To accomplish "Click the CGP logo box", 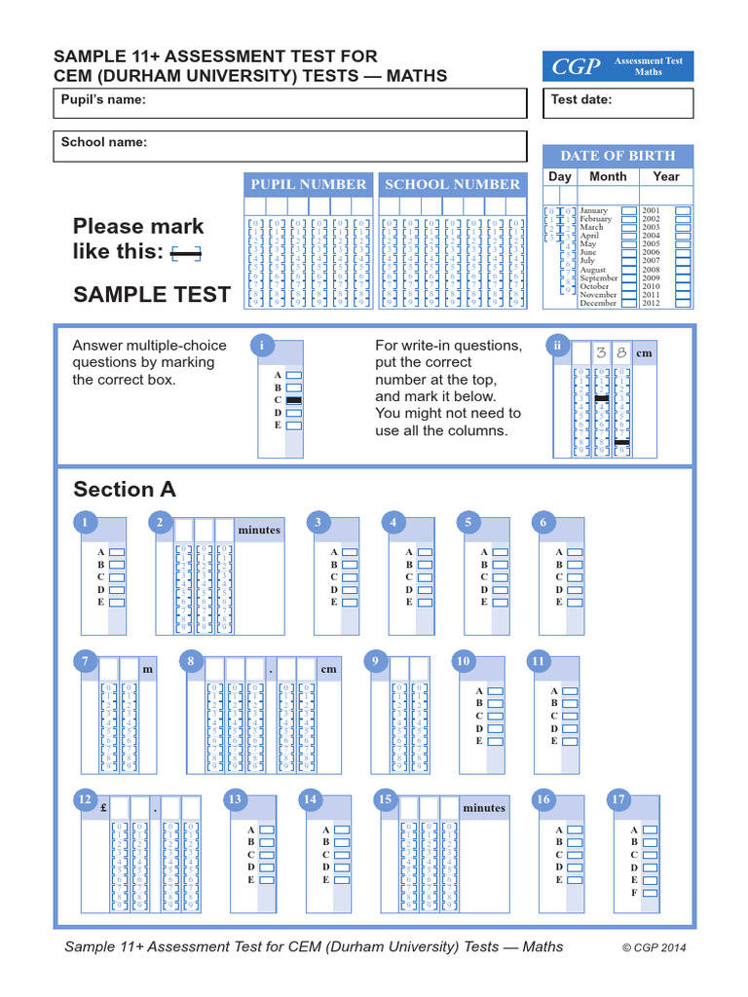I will click(617, 66).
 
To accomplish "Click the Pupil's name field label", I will click(103, 100).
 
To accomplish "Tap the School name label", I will click(104, 142).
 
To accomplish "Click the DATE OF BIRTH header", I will click(617, 156).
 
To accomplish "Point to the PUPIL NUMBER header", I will click(308, 184).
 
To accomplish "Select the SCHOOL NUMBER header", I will click(452, 184).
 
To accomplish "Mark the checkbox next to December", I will click(629, 303).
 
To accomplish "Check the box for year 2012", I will click(683, 303).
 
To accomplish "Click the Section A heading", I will click(125, 489).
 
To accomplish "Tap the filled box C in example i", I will click(294, 400).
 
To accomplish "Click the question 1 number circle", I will click(85, 523).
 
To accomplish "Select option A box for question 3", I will click(351, 552).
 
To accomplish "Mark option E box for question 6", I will click(576, 602).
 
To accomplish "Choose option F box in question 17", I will click(651, 892).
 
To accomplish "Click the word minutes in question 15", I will click(484, 808).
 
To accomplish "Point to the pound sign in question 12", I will click(102, 807).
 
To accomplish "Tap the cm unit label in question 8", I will click(328, 670).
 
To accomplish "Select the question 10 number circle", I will click(464, 661).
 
